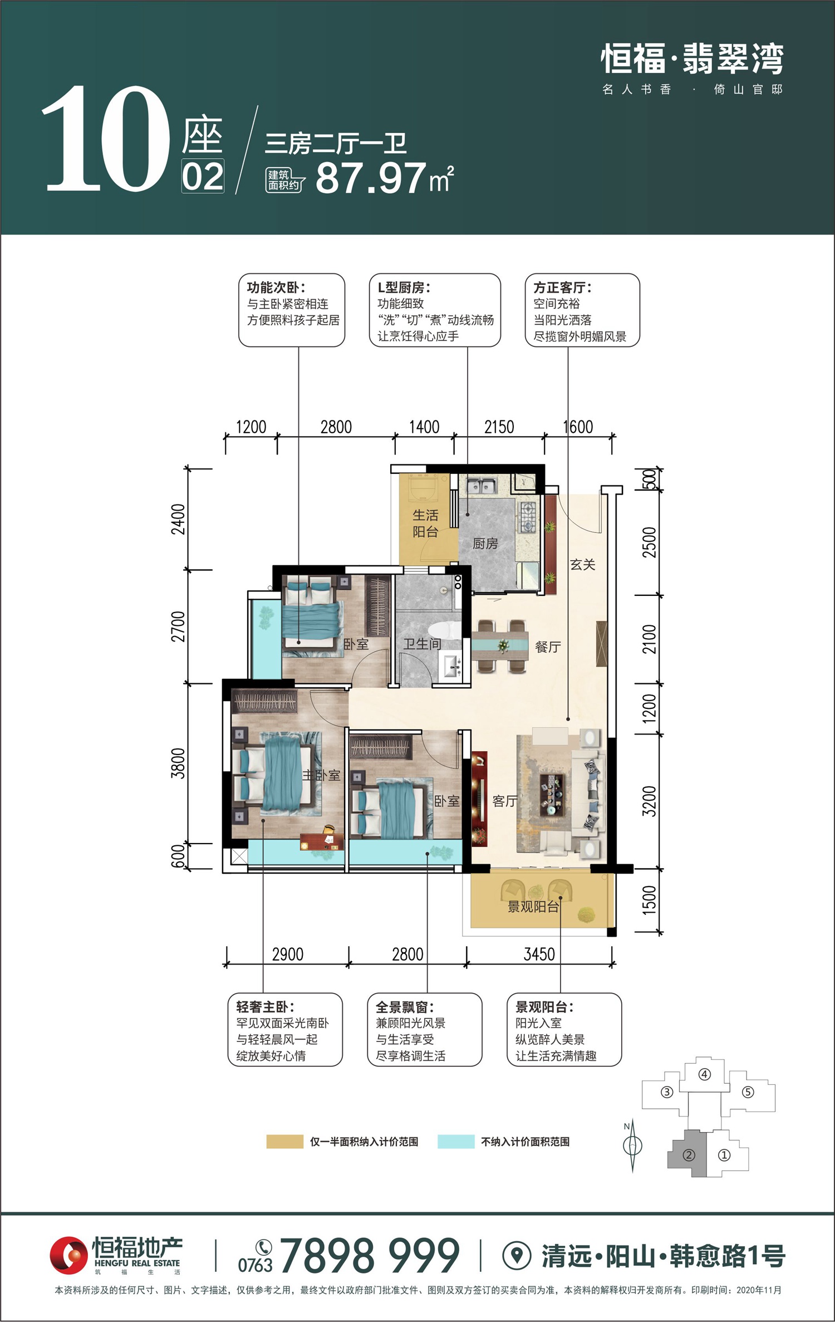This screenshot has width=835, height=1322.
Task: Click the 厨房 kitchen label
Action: click(x=485, y=544)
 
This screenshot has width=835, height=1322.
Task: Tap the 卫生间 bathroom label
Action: click(x=422, y=644)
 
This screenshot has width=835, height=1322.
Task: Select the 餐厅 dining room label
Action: click(x=548, y=647)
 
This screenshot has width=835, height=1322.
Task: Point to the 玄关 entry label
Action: click(x=582, y=565)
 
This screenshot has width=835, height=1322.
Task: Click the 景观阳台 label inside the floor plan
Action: click(x=533, y=907)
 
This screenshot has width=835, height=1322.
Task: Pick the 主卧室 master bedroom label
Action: click(x=321, y=775)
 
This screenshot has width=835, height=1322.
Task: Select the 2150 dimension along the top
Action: click(x=499, y=427)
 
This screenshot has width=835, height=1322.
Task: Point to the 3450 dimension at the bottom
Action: click(x=539, y=954)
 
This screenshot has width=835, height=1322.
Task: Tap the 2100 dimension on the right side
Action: click(x=650, y=639)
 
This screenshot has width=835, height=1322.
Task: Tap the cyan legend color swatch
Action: click(x=456, y=1142)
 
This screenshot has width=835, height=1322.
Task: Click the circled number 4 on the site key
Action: click(x=705, y=1074)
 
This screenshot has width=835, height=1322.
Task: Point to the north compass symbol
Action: click(x=632, y=1147)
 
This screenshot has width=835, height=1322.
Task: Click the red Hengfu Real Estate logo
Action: click(x=68, y=1255)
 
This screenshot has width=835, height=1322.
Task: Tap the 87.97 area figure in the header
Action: click(x=371, y=178)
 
